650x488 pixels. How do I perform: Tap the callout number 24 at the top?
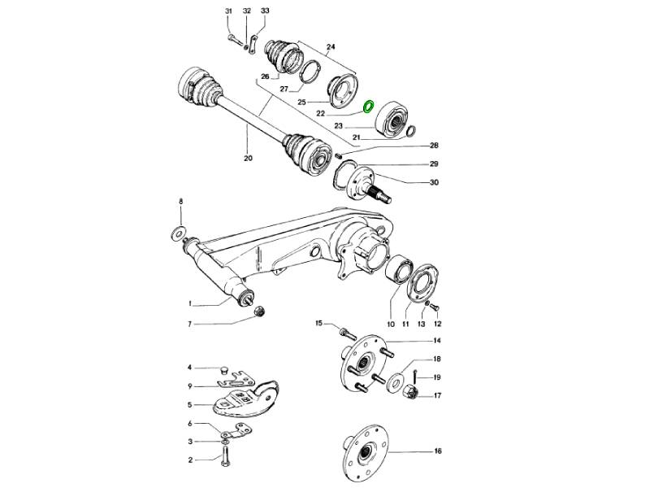coord(330,46)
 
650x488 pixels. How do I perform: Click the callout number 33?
coord(265,11)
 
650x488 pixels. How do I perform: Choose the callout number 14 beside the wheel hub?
coord(436,341)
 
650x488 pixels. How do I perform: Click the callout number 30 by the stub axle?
coord(434,182)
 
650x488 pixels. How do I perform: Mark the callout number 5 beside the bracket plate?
coord(189,404)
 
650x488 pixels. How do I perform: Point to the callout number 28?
coord(434,146)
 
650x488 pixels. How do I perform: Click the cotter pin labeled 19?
coord(415,377)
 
